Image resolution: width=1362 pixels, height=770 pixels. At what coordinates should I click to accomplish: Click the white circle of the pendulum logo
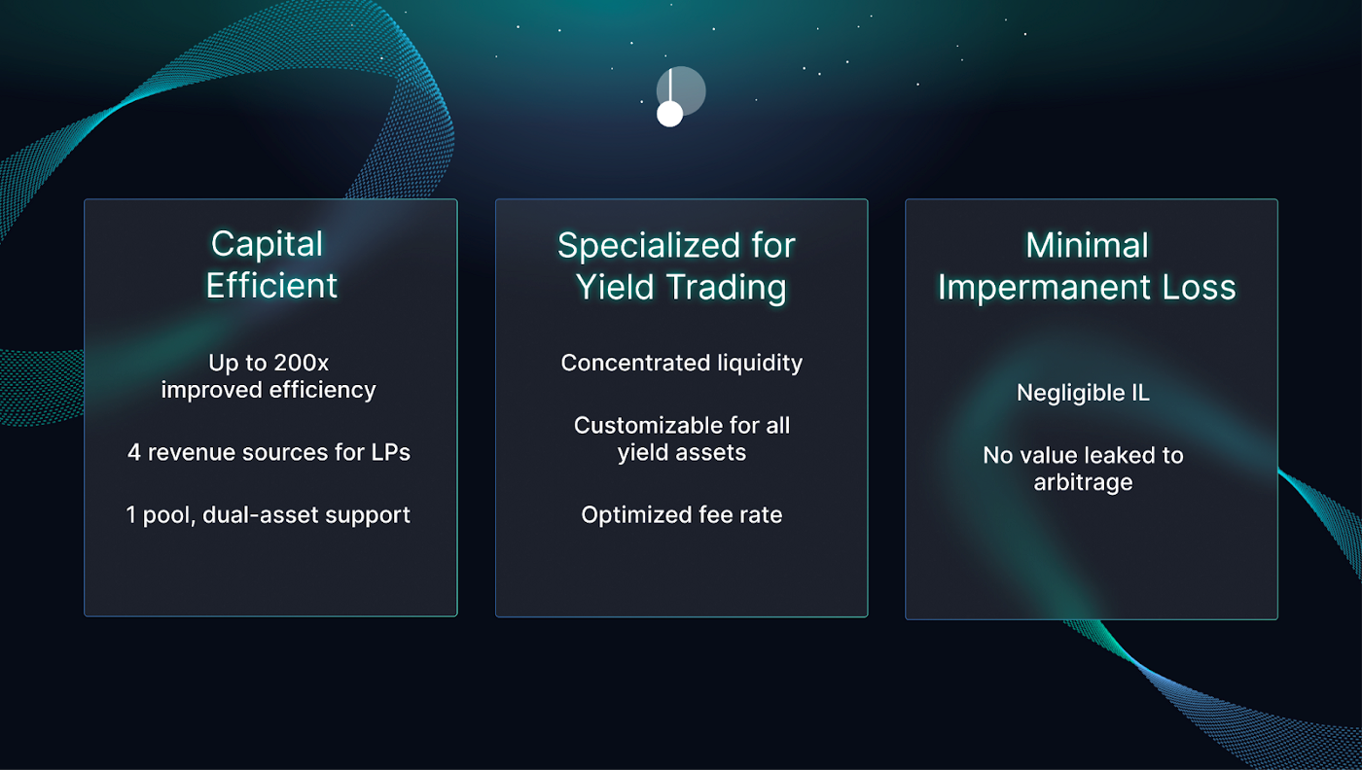pos(670,115)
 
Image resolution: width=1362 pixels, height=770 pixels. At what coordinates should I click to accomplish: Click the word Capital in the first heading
pos(267,244)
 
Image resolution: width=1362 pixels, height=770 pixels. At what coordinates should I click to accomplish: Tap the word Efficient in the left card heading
pos(271,286)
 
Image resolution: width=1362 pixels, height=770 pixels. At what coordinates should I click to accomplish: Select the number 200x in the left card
pos(301,363)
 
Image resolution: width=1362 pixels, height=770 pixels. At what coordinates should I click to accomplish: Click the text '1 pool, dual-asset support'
pos(269,515)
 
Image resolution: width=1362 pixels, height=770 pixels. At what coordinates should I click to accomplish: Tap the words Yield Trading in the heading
pos(681,288)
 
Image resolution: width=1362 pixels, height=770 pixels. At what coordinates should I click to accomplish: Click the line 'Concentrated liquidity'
pos(682,363)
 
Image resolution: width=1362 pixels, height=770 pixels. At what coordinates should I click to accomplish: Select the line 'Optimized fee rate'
pos(682,515)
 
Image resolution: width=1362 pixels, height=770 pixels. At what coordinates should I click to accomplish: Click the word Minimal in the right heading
pos(1088,246)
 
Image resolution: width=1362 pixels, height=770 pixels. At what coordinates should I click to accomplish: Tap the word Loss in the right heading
pos(1199,288)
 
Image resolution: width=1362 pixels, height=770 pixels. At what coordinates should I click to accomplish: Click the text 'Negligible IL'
pos(1083,393)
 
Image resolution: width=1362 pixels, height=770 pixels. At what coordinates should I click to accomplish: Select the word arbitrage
pos(1083,482)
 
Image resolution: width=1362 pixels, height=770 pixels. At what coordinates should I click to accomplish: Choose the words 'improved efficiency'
pos(269,390)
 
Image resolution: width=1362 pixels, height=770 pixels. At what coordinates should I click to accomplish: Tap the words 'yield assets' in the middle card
pos(682,453)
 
